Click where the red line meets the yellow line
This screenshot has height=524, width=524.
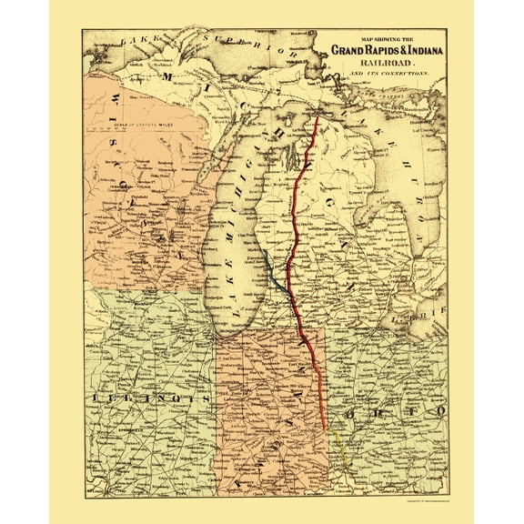point(327,428)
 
